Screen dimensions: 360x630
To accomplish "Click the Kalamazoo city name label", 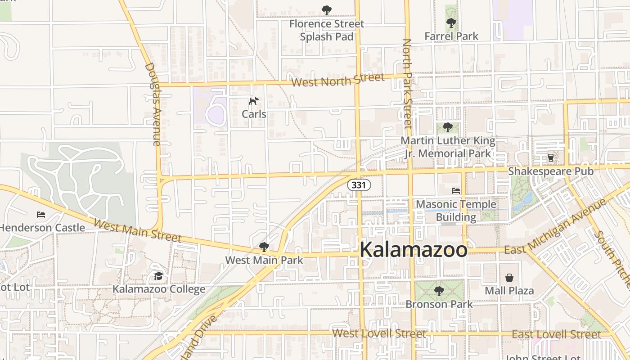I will tap(414, 250).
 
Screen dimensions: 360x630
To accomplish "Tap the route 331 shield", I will tap(359, 184).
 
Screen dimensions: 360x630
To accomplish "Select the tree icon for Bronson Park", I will tap(439, 291).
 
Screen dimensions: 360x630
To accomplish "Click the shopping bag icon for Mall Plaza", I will tap(509, 277).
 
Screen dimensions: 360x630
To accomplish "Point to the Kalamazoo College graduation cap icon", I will tap(158, 275).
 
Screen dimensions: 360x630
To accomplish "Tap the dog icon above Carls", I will tap(254, 101).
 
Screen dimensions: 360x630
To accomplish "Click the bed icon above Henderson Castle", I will tap(41, 215).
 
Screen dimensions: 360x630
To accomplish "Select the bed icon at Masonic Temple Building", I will tap(456, 191).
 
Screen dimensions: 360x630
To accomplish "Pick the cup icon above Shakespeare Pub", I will tap(550, 158).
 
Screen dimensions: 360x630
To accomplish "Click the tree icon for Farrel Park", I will tap(451, 23).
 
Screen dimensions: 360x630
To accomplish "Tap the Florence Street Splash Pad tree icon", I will tap(327, 10).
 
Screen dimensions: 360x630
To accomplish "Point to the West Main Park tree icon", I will tap(264, 247).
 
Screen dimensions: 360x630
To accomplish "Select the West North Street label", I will tap(337, 80).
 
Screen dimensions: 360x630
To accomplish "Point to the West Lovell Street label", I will tap(379, 333).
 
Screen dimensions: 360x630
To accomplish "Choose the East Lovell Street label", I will tap(556, 334).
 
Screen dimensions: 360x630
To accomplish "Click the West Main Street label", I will tap(137, 230).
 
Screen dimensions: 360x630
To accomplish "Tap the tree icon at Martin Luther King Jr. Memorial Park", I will tap(447, 127).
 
